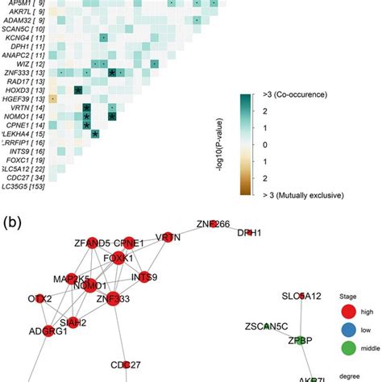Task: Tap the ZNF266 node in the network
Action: tap(213, 225)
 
